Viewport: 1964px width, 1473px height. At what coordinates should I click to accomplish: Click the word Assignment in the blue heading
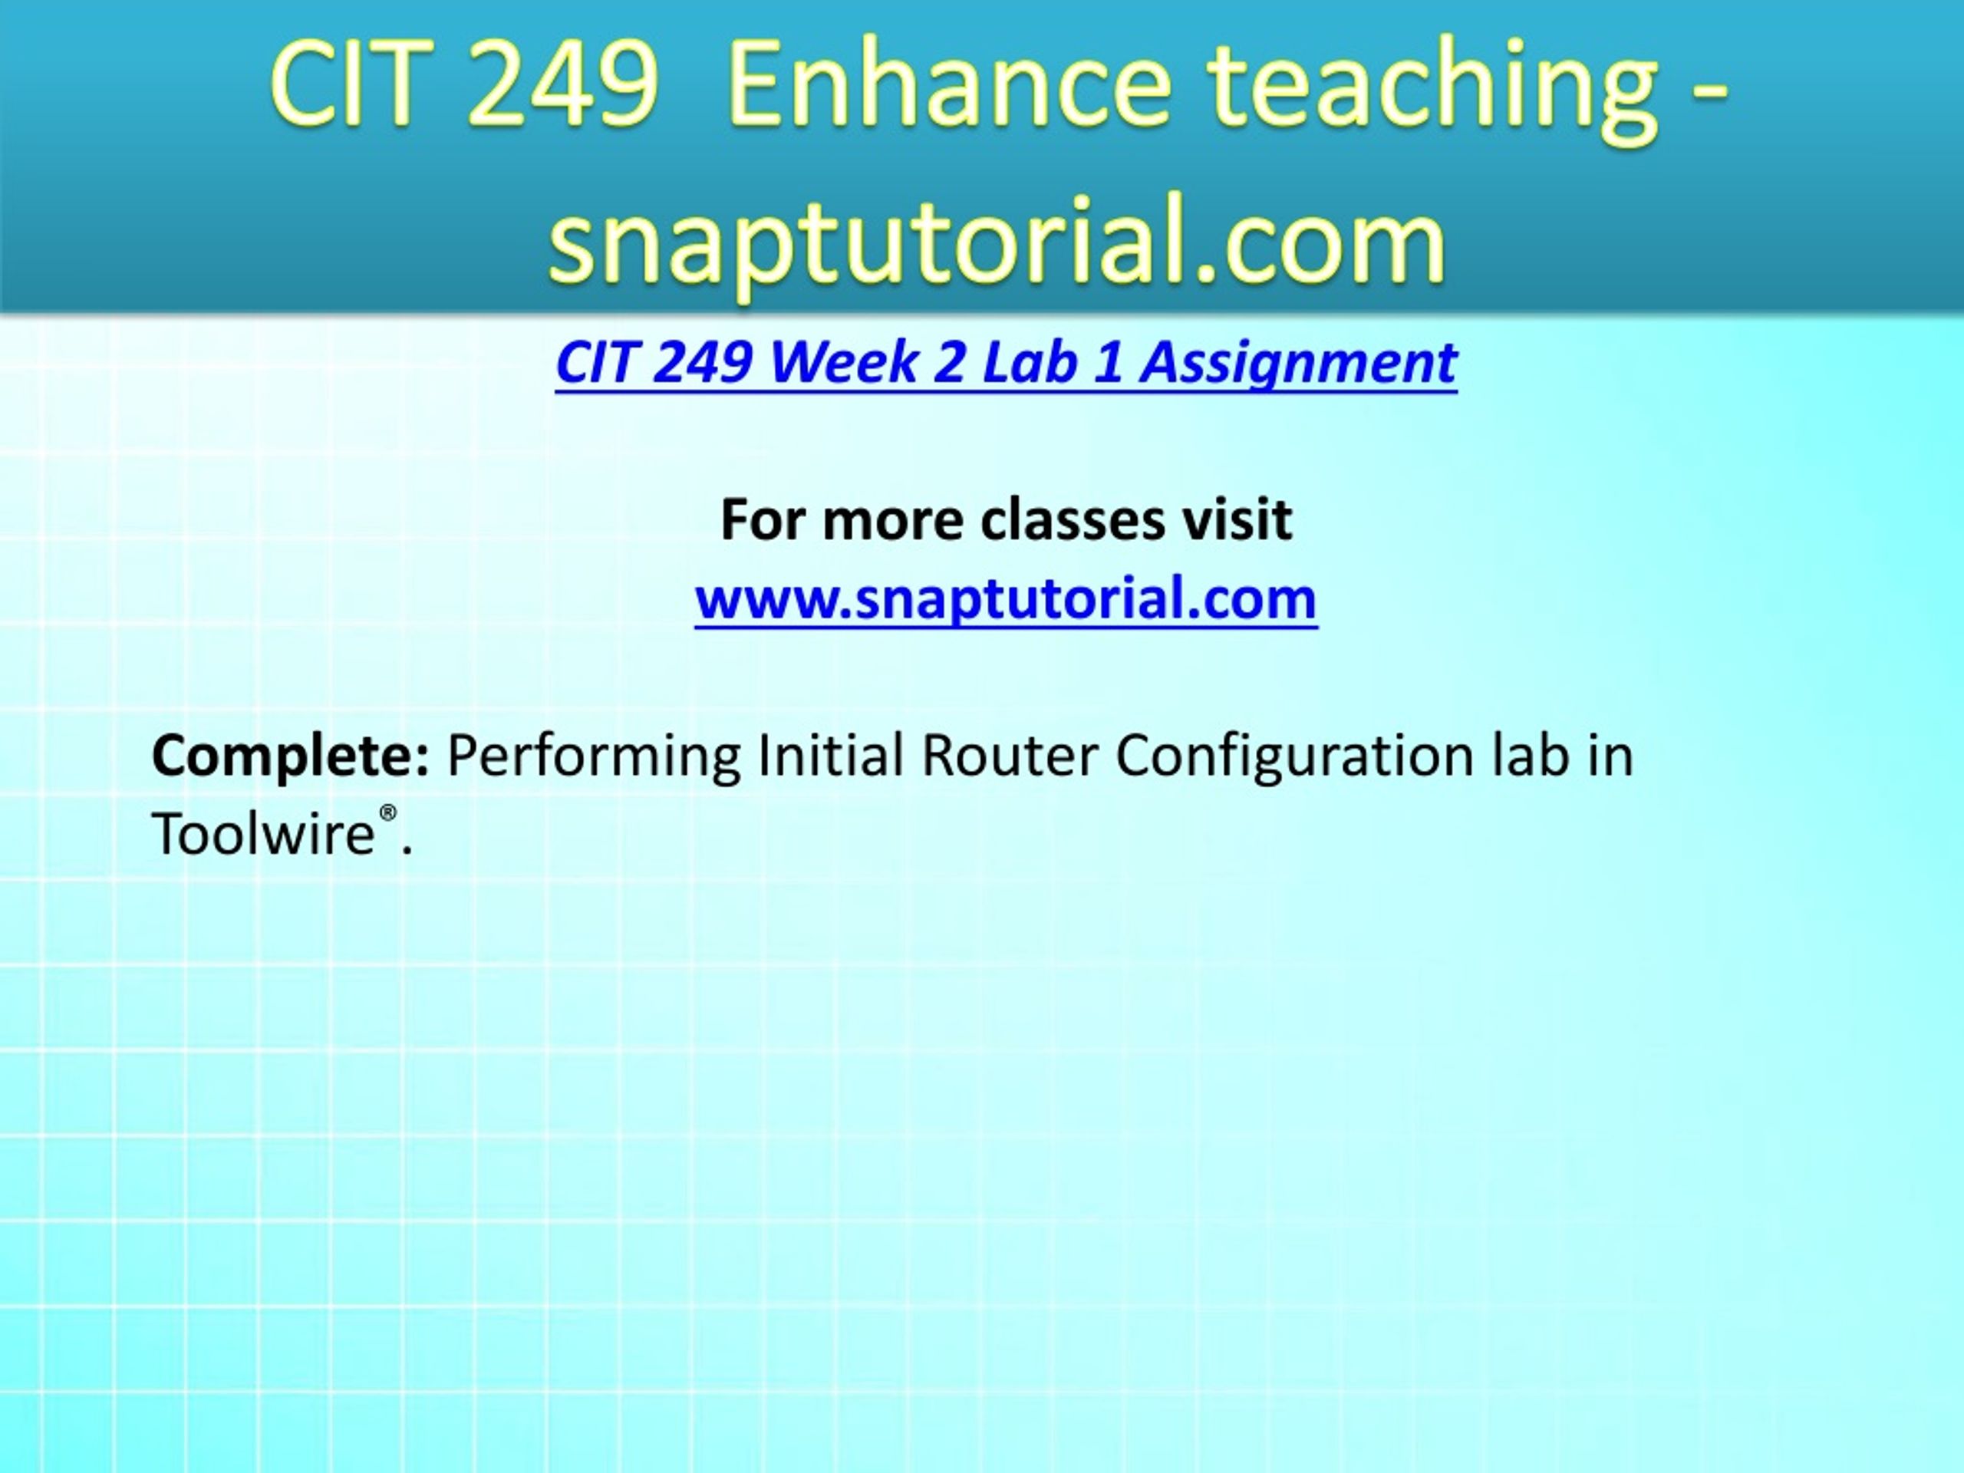pos(1298,365)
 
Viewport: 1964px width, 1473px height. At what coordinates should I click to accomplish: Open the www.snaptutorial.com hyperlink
pos(1006,598)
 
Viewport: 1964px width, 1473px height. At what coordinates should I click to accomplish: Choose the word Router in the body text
pos(1010,756)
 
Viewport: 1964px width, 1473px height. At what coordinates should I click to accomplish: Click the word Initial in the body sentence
pos(831,756)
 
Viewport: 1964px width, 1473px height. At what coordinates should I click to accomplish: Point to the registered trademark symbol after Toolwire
pos(388,814)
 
